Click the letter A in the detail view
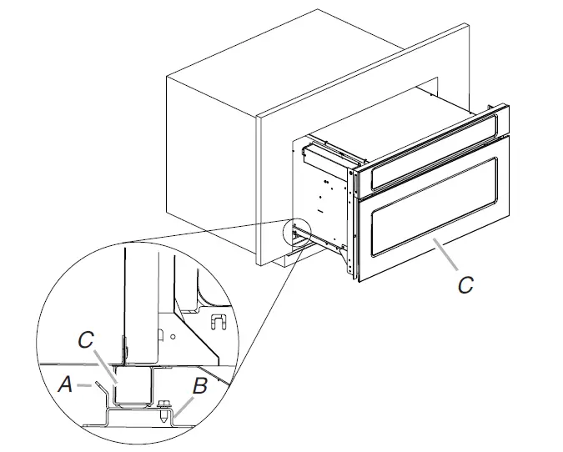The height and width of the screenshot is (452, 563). pos(65,384)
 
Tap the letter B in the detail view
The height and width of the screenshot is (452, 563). pos(199,386)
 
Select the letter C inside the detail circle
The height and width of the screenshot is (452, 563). pos(86,339)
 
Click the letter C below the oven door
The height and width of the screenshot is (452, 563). pos(465,284)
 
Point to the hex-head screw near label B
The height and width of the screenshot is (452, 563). pos(163,410)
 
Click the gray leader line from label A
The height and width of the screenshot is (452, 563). pos(84,385)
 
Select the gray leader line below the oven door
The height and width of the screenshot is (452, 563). pos(445,254)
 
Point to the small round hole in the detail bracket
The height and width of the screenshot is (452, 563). pos(173,337)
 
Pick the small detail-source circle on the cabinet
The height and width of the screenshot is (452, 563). pos(297,234)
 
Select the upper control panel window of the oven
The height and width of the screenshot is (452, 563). pos(435,152)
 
